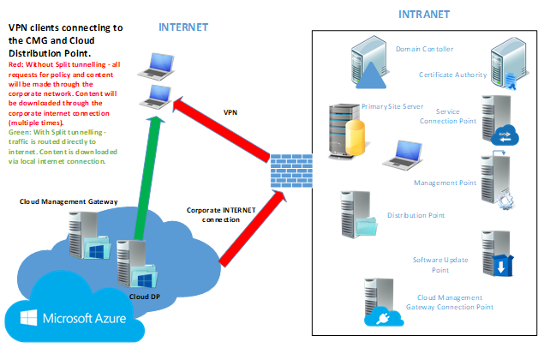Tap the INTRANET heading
(424, 15)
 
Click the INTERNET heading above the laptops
(183, 27)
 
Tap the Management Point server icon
(499, 180)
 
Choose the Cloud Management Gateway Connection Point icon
(378, 304)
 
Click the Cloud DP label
(144, 296)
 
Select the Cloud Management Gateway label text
(69, 202)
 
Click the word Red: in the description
(17, 64)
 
